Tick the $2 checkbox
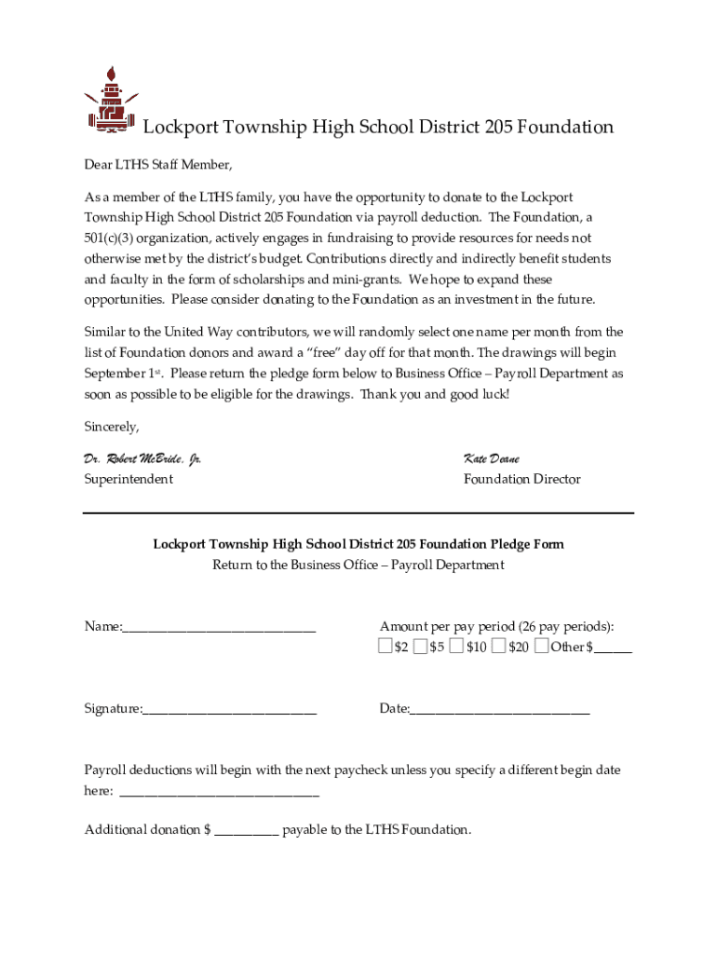coord(386,646)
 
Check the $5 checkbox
coord(421,646)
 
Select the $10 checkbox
coord(455,646)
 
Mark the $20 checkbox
coord(499,646)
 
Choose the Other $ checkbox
coord(541,646)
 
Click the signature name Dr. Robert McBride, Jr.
coord(142,458)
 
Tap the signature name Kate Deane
coord(492,458)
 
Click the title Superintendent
coord(129,479)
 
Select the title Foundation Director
coord(521,479)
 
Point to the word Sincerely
coord(112,427)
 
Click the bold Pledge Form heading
coord(358,544)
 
